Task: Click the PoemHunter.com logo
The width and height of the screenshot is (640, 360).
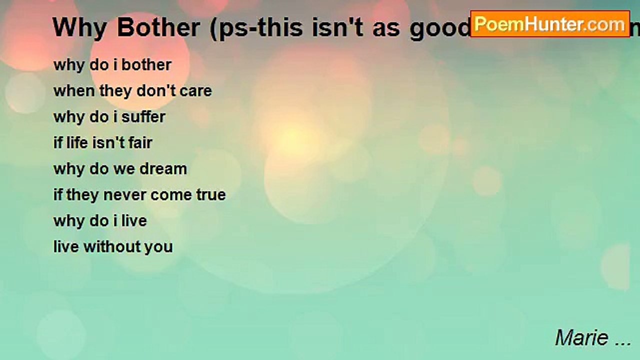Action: pyautogui.click(x=550, y=24)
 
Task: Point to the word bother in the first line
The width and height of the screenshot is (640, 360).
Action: pyautogui.click(x=146, y=65)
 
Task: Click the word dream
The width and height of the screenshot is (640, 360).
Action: pyautogui.click(x=163, y=169)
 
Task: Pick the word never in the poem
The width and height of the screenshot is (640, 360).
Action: pyautogui.click(x=124, y=195)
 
